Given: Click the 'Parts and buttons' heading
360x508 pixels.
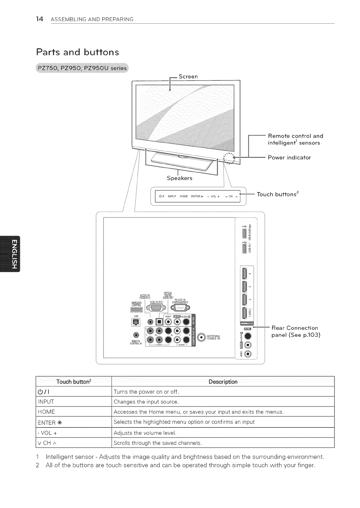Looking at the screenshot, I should coord(78,52).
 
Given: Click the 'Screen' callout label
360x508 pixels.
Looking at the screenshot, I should coord(188,76).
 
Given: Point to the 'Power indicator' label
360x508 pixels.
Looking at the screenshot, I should coord(289,158).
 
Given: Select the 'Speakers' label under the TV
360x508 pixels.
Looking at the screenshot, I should coord(179,179).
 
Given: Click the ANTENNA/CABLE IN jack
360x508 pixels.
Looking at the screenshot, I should coord(201,337).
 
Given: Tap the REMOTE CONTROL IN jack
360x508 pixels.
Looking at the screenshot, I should coord(135,335).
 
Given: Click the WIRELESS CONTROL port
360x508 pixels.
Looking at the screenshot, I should coord(136,310).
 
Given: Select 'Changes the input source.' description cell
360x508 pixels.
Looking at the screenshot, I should coord(146,402).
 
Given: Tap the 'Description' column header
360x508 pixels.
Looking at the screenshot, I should coord(223,381).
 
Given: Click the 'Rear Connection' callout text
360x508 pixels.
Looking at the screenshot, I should coord(295,328).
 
